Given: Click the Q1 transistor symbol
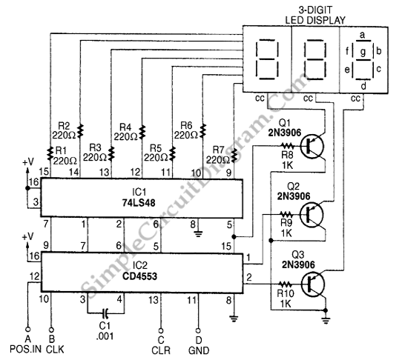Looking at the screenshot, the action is [x=312, y=147].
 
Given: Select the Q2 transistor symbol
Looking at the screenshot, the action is [x=311, y=215].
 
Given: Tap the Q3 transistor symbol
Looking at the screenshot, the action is [x=312, y=284].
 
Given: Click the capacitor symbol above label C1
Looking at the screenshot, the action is [x=105, y=313].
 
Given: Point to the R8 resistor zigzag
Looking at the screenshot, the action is [x=288, y=146].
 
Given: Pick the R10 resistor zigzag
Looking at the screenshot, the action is [x=286, y=284].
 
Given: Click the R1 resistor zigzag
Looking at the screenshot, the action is [x=50, y=153].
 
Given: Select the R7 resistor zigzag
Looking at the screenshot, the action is [x=234, y=156].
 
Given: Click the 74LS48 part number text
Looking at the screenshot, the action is [x=139, y=203].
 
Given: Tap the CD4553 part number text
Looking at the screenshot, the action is [x=139, y=276].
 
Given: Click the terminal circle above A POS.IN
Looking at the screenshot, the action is [x=27, y=330].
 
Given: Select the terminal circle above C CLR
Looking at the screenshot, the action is [x=161, y=331].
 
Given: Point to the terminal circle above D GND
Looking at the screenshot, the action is [x=198, y=331].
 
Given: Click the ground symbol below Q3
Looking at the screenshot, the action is [x=326, y=321].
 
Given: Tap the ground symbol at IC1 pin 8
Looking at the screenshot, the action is [x=199, y=233].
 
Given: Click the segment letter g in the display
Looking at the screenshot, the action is [x=363, y=52].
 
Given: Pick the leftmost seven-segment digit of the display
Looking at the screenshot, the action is [x=267, y=59].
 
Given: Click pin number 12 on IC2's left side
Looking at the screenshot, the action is [x=35, y=276].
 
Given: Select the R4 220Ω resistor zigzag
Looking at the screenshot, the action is [x=142, y=131].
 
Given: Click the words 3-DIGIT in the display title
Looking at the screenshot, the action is [x=315, y=10].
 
